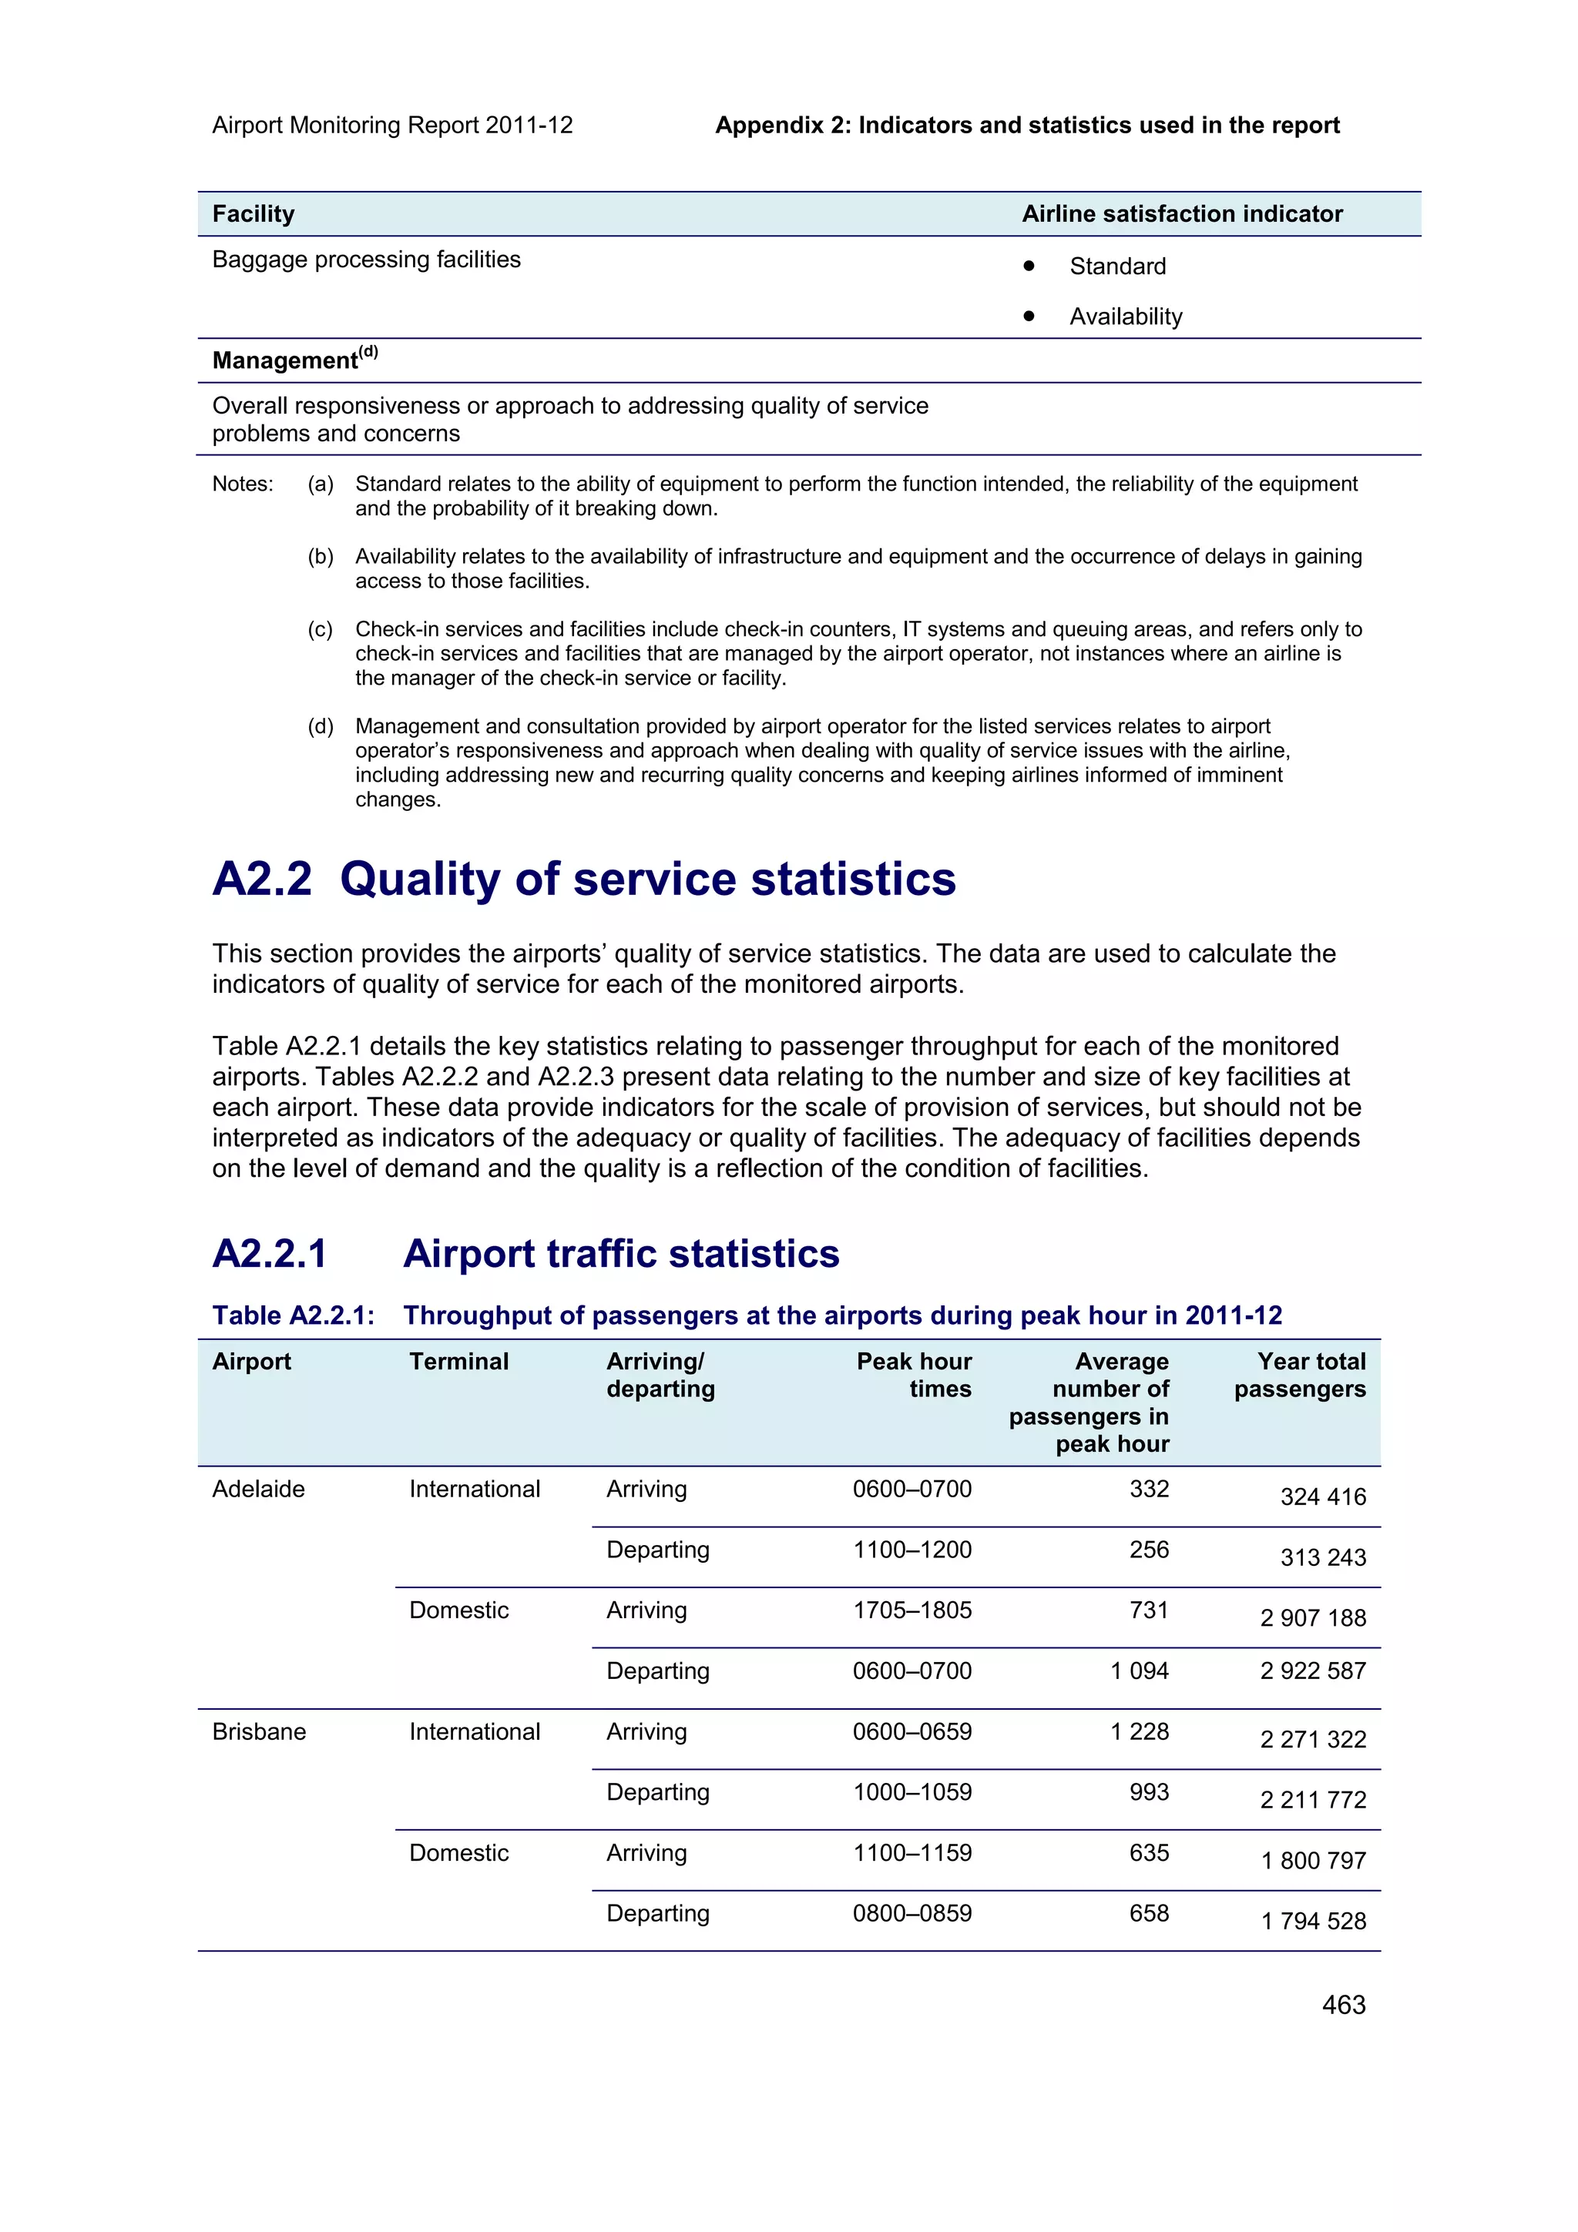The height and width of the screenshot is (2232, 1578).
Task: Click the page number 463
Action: [1343, 2005]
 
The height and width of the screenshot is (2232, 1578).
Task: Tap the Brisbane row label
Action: [259, 1731]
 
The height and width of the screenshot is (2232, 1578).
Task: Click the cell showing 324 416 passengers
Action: [1322, 1496]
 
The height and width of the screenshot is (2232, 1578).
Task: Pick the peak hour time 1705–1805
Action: [912, 1610]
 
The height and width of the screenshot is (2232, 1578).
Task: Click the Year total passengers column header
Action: [1300, 1375]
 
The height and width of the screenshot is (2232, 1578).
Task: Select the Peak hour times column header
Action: [913, 1375]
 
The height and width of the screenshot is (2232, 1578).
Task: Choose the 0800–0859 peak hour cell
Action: [912, 1913]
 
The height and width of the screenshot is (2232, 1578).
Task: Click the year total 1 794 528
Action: [1313, 1921]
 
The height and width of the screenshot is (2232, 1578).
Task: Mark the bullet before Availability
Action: [1029, 315]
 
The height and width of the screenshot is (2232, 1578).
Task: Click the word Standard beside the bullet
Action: [1117, 266]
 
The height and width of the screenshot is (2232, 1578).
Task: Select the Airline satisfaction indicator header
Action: [1181, 214]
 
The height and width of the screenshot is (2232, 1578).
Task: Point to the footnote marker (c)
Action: [320, 629]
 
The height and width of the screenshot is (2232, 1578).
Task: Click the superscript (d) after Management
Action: [368, 352]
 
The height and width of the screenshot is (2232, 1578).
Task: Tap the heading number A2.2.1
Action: [270, 1254]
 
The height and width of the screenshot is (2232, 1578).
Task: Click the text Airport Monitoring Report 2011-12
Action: [392, 126]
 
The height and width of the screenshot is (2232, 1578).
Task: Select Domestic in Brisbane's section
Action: [459, 1853]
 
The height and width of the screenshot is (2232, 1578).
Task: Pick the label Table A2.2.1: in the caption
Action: [293, 1315]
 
